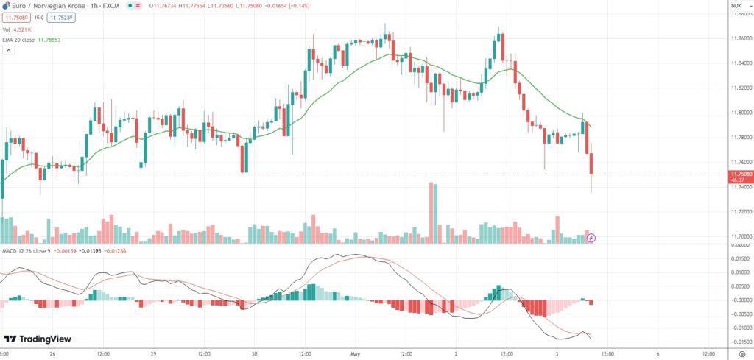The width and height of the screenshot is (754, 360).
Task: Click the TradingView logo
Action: click(x=37, y=339)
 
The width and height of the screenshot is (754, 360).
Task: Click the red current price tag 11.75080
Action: click(x=739, y=174)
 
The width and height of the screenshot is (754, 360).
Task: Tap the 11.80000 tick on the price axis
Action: click(x=739, y=113)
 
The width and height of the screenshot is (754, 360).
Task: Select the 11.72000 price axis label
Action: click(x=739, y=211)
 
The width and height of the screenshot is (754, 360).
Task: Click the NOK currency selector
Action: click(x=736, y=5)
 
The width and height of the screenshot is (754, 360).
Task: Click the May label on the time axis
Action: click(x=355, y=353)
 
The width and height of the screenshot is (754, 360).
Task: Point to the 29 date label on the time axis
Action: click(x=152, y=353)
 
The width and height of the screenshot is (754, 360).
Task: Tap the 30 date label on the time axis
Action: click(x=254, y=353)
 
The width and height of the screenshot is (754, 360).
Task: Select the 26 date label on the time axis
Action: click(x=52, y=353)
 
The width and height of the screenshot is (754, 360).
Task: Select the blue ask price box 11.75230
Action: click(x=61, y=17)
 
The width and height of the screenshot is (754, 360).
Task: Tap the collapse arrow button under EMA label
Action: click(x=9, y=51)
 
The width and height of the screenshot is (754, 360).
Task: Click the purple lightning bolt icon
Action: click(x=591, y=238)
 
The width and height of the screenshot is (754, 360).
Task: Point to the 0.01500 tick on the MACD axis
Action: click(x=739, y=258)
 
